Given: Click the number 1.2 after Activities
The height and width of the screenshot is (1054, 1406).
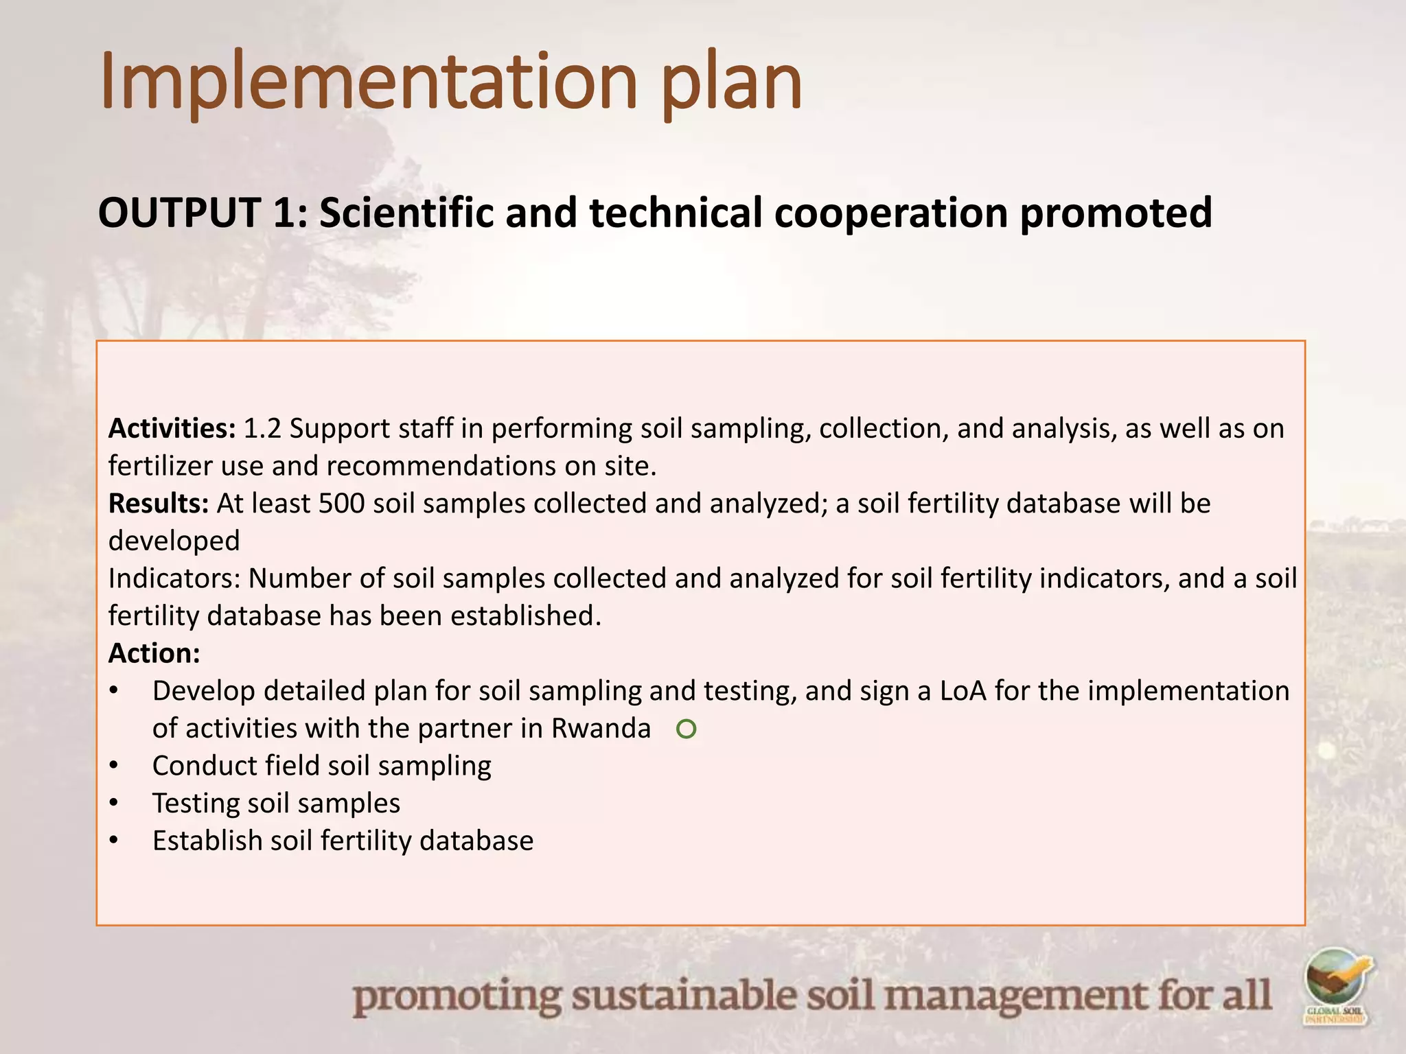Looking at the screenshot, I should pyautogui.click(x=262, y=428).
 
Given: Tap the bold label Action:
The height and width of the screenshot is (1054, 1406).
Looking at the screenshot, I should pyautogui.click(x=154, y=653).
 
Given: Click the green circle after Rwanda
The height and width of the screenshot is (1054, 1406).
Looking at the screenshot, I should pyautogui.click(x=686, y=729).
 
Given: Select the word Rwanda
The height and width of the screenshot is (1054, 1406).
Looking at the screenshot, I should pyautogui.click(x=601, y=729).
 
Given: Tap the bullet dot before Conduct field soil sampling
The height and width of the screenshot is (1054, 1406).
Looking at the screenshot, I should pyautogui.click(x=114, y=766).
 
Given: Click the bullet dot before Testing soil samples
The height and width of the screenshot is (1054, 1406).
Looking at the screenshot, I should pyautogui.click(x=114, y=804).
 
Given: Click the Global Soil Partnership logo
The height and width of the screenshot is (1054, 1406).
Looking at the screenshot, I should pyautogui.click(x=1336, y=985).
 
